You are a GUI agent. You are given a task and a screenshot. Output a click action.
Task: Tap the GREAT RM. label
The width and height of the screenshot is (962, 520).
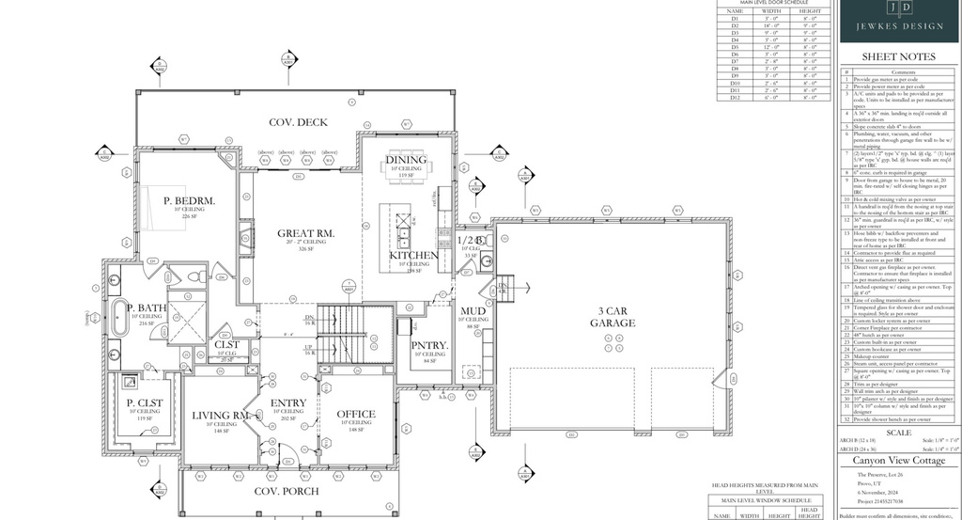pos(306,232)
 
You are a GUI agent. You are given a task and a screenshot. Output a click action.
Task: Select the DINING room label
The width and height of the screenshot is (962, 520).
pos(406,160)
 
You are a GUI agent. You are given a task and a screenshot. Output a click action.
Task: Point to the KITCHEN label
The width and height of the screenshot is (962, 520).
pos(413,255)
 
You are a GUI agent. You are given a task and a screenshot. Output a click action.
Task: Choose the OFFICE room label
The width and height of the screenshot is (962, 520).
pos(356,414)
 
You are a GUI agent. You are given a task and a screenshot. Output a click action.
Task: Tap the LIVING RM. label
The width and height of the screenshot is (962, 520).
pos(220,415)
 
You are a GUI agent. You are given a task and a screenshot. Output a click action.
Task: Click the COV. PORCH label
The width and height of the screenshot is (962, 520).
pos(287,491)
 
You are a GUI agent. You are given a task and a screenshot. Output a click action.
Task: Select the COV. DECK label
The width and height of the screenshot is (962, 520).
pos(298,122)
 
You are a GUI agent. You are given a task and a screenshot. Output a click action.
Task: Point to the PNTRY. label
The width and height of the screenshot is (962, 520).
pos(428,345)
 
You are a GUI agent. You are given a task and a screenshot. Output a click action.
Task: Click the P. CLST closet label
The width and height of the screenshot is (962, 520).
pos(146,402)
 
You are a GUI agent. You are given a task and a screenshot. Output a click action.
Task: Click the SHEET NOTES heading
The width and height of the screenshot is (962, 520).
pos(899,56)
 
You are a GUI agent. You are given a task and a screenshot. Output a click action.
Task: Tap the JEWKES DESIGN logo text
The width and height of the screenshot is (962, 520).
pos(899,26)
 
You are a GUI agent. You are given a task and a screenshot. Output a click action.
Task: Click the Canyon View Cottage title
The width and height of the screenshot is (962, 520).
pos(899,461)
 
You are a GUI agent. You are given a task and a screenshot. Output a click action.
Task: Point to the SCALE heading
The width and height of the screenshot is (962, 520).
pos(899,432)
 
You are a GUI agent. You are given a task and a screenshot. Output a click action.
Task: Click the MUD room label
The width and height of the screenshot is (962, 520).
pos(473,310)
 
